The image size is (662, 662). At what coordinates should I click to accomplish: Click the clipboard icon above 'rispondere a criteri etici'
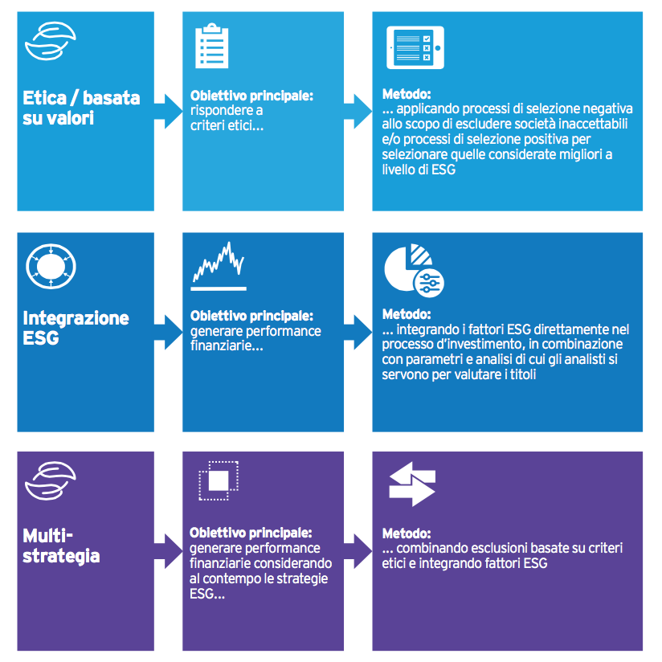coord(211,46)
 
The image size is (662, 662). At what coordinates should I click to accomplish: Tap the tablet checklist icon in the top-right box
coord(415,47)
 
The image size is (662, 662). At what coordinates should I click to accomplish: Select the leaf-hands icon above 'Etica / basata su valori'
coord(51,41)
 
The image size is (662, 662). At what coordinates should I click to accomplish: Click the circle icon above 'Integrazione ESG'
coord(51,267)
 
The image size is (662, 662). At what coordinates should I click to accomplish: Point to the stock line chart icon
coord(219,266)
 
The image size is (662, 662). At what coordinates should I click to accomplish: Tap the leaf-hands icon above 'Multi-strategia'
coord(51,481)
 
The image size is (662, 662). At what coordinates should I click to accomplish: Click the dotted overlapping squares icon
coord(219,481)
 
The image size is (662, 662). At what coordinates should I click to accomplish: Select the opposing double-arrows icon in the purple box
coord(412,484)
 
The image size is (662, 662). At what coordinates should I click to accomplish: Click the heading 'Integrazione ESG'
coord(76,328)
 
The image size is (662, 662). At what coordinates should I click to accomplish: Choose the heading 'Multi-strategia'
coord(61,546)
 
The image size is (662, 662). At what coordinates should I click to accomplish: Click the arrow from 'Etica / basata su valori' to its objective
coord(168,112)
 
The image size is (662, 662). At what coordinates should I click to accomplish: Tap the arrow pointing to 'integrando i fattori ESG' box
coord(358,333)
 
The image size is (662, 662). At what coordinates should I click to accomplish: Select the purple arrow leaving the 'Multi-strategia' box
coord(168,551)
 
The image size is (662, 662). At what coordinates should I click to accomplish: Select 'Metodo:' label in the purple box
coord(407,533)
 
